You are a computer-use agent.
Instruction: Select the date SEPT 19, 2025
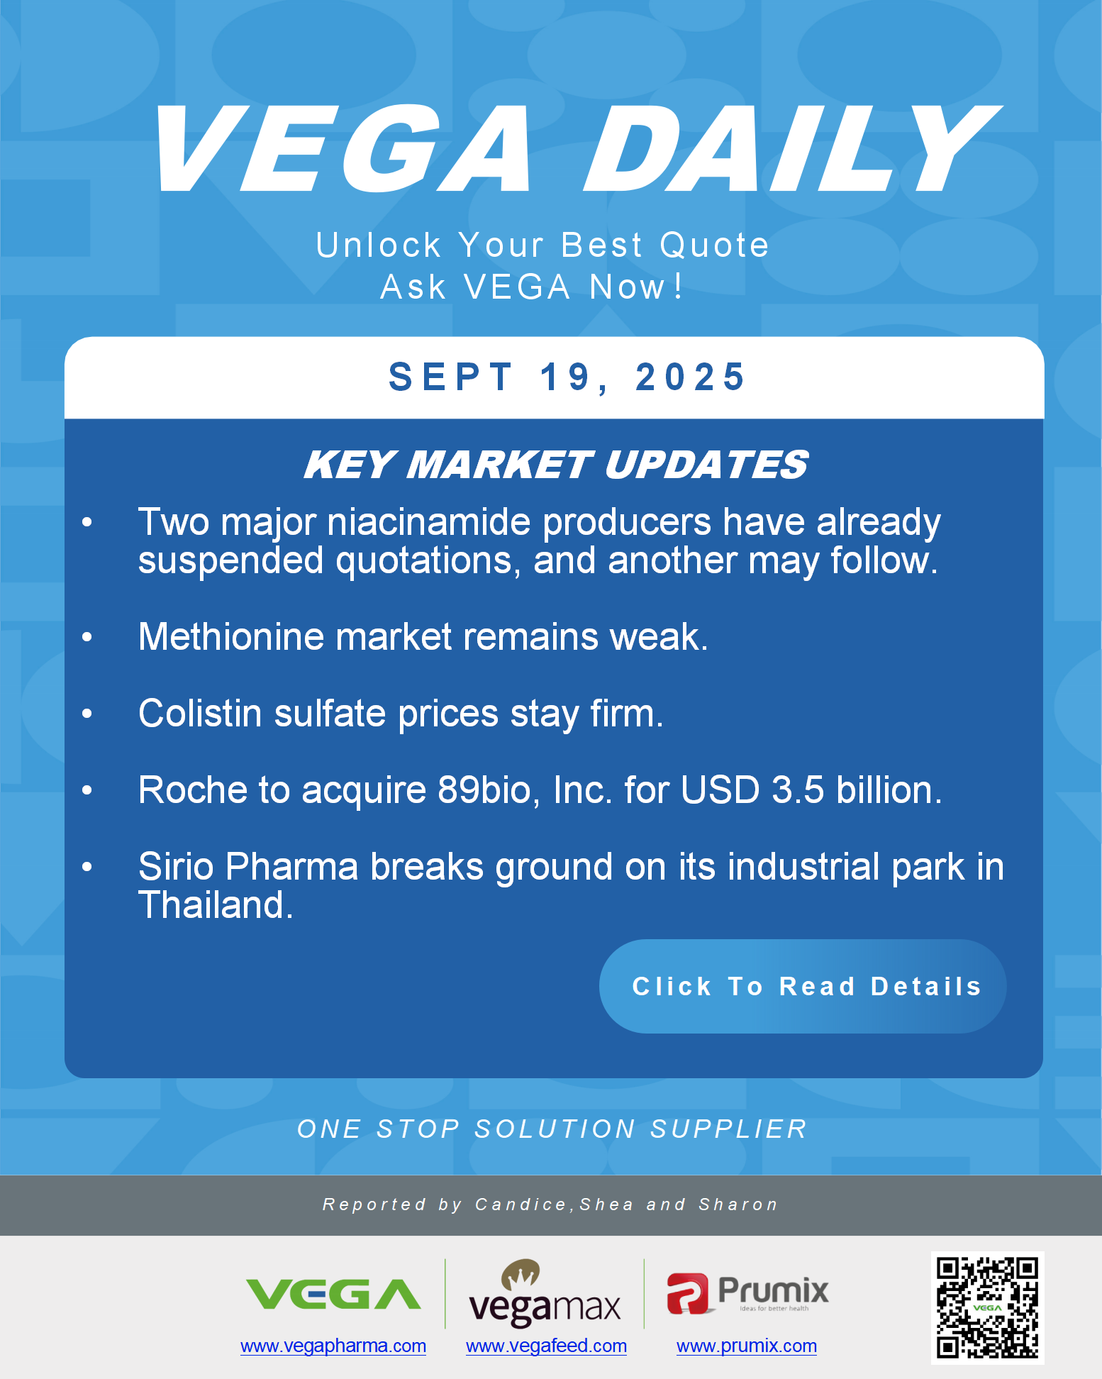click(x=567, y=377)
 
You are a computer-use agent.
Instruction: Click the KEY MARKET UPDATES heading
click(x=556, y=465)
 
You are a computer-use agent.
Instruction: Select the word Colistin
click(x=201, y=713)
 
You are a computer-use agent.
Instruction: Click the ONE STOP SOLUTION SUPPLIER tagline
click(x=552, y=1129)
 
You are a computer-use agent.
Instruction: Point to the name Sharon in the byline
click(x=738, y=1204)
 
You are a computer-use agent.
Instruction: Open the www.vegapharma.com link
click(x=333, y=1346)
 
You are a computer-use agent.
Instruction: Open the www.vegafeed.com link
click(x=546, y=1346)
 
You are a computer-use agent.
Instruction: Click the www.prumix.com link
click(x=747, y=1346)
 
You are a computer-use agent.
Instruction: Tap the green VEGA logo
click(x=333, y=1295)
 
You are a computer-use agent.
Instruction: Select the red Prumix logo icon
click(x=687, y=1293)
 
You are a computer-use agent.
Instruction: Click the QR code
click(x=987, y=1307)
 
